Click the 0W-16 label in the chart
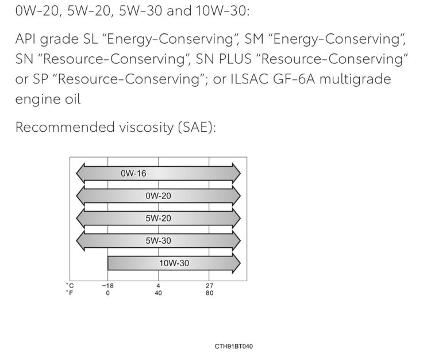pyautogui.click(x=133, y=173)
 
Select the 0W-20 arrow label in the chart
pyautogui.click(x=159, y=196)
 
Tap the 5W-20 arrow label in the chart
pyautogui.click(x=159, y=219)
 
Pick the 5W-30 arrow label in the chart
pyautogui.click(x=159, y=240)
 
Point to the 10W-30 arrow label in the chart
pyautogui.click(x=174, y=263)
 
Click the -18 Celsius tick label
pyautogui.click(x=108, y=286)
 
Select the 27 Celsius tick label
pyautogui.click(x=209, y=286)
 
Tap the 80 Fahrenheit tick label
pyautogui.click(x=209, y=293)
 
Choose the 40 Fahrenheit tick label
pyautogui.click(x=159, y=293)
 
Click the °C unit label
pyautogui.click(x=70, y=285)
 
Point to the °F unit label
pyautogui.click(x=70, y=293)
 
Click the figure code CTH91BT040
pyautogui.click(x=234, y=346)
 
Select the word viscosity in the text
pyautogui.click(x=146, y=127)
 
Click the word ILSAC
pyautogui.click(x=249, y=79)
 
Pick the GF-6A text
pyautogui.click(x=294, y=79)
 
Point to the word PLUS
pyautogui.click(x=235, y=59)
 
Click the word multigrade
pyautogui.click(x=355, y=80)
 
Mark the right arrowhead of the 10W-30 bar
pyautogui.click(x=236, y=263)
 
